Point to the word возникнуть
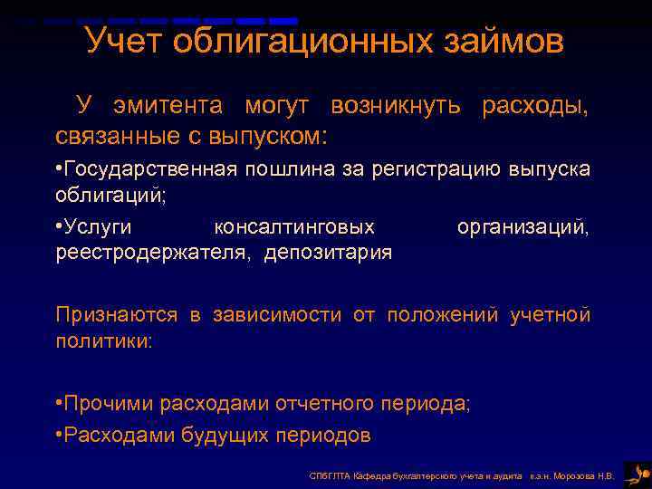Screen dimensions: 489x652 point(398,106)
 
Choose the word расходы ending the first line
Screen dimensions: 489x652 point(534,106)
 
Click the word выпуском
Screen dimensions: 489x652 point(277,136)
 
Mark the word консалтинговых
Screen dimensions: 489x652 point(293,226)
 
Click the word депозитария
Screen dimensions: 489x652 point(328,252)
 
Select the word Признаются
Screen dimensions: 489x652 point(117,315)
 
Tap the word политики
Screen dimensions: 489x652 point(103,341)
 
